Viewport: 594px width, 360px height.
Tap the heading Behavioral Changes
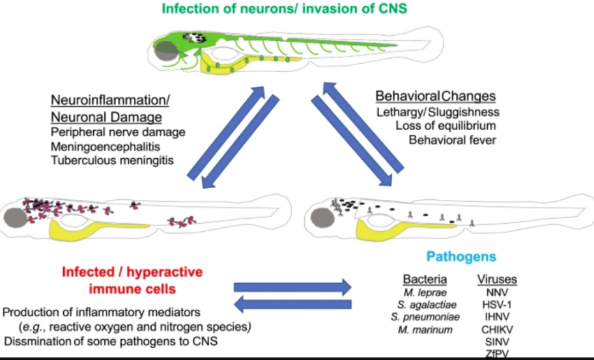(x=435, y=96)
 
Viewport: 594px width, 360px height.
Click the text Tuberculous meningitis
(x=112, y=160)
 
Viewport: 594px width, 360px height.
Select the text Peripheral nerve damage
(x=118, y=132)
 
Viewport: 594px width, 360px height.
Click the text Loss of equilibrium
(x=445, y=126)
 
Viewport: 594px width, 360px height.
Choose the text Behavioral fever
(x=452, y=139)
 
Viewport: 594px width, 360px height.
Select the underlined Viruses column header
(x=497, y=279)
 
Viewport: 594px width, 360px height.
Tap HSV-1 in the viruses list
(x=497, y=305)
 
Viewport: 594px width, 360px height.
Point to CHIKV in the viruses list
(x=497, y=329)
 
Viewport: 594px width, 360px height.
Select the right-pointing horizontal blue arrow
(x=292, y=286)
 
